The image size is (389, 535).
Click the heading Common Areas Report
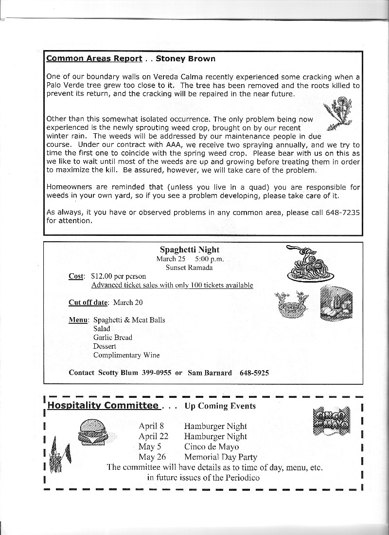pyautogui.click(x=94, y=59)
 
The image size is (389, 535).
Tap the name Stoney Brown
pyautogui.click(x=186, y=59)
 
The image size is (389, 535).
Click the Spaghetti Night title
pyautogui.click(x=189, y=250)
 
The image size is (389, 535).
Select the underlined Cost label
pyautogui.click(x=76, y=276)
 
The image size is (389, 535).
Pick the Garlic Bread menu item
pyautogui.click(x=113, y=338)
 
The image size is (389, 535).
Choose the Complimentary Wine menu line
pyautogui.click(x=126, y=355)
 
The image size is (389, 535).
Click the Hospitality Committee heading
pyautogui.click(x=103, y=406)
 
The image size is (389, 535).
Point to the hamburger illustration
pyautogui.click(x=93, y=431)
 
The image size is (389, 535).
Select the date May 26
pyautogui.click(x=152, y=457)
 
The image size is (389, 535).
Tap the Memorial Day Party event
pyautogui.click(x=220, y=457)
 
